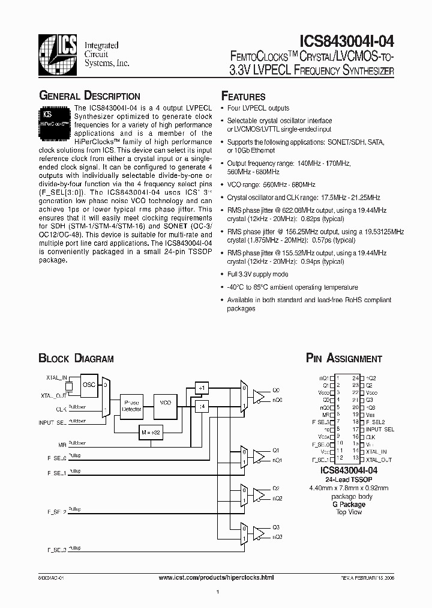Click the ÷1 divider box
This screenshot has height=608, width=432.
(201, 388)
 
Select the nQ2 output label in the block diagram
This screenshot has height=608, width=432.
(277, 499)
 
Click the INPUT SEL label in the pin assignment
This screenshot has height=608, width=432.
(380, 430)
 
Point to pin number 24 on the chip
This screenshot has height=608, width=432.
(356, 377)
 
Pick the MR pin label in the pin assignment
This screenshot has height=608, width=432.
(326, 415)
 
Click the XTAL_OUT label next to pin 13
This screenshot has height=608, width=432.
(379, 460)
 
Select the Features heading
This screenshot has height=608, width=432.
(244, 96)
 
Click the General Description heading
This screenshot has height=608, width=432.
(89, 96)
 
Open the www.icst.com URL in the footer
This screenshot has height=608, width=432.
(215, 577)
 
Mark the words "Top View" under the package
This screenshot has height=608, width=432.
(349, 512)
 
